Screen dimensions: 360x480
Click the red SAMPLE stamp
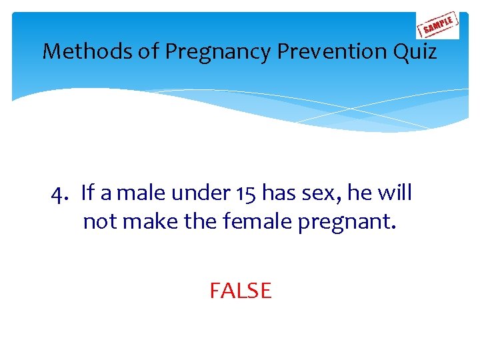click(437, 25)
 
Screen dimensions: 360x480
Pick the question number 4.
click(60, 193)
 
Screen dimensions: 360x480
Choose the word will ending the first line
click(394, 193)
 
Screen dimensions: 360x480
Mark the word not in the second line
click(99, 221)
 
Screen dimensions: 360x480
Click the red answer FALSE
click(240, 291)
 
